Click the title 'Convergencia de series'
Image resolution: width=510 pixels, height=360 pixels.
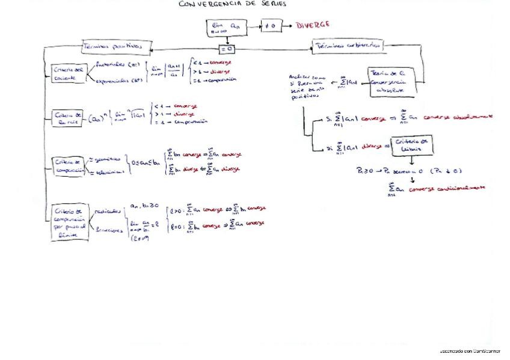[233, 4]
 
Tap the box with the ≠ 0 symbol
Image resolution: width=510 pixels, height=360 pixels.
[271, 26]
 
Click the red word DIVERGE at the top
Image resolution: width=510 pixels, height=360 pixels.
[312, 25]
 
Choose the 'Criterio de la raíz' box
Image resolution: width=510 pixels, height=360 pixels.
[68, 117]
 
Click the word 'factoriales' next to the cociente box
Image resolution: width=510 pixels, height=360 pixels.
[110, 63]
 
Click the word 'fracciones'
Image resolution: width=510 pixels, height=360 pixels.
[109, 230]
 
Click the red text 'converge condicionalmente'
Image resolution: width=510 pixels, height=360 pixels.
[447, 188]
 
